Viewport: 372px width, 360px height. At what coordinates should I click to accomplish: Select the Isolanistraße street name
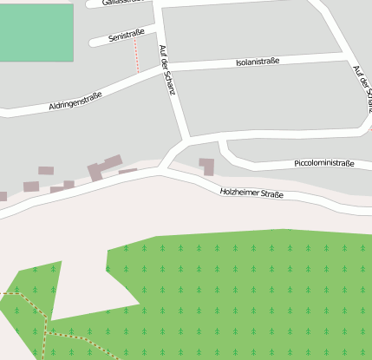(258, 62)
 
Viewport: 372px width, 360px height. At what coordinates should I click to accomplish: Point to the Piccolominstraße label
(324, 162)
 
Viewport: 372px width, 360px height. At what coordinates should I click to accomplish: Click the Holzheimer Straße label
(251, 194)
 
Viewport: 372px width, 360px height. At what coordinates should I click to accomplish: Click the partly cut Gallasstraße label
(121, 3)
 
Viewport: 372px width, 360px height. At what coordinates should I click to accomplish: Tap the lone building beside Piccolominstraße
(206, 166)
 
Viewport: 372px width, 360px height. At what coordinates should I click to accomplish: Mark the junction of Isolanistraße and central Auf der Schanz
(176, 69)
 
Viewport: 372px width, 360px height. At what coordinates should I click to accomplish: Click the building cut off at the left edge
(3, 197)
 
